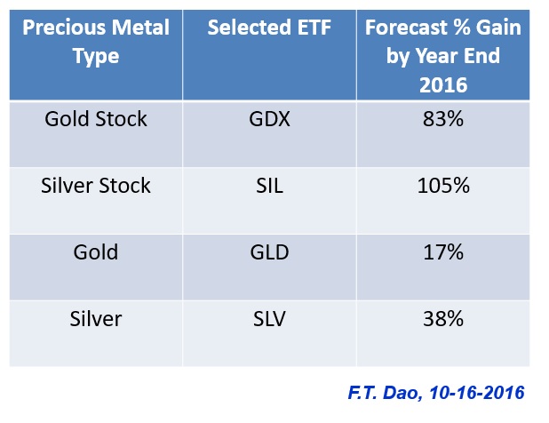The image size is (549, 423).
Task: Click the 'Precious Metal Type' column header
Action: click(95, 41)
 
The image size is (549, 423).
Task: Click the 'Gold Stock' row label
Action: click(95, 119)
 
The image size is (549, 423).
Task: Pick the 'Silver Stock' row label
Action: click(95, 186)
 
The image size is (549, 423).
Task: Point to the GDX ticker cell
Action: click(270, 120)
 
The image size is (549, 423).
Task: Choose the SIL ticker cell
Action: click(270, 187)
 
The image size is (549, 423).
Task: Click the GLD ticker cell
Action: click(270, 252)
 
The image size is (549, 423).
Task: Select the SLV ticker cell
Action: click(270, 319)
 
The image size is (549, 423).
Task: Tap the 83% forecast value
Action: click(443, 120)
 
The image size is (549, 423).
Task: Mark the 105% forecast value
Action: click(443, 187)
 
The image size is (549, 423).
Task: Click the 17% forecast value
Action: click(443, 252)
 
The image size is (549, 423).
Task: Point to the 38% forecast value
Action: click(443, 319)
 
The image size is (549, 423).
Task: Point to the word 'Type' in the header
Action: click(95, 56)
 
